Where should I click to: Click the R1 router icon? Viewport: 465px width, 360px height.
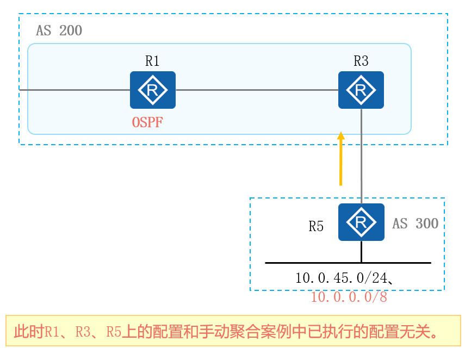point(153,90)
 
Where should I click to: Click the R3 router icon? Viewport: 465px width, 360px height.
point(361,90)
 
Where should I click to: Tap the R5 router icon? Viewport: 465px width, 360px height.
point(361,222)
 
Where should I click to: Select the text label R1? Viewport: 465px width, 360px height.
point(152,61)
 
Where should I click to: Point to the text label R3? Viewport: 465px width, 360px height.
point(361,61)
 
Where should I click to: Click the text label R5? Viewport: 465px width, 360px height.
point(317,227)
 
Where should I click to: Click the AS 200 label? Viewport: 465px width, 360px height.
point(59,31)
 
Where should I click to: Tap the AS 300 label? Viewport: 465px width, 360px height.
point(416,224)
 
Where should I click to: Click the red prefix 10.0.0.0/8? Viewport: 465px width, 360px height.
point(349,297)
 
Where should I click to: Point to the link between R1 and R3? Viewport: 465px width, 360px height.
point(256,90)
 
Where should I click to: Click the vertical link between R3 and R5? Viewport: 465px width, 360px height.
point(361,158)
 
